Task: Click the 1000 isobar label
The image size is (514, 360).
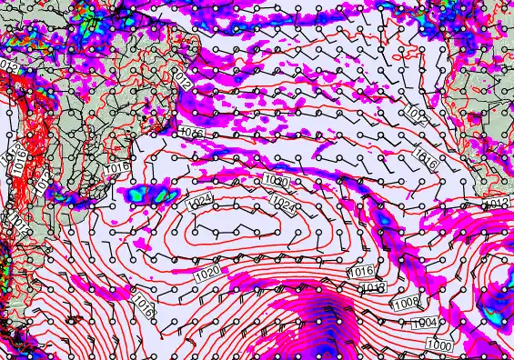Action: click(x=439, y=345)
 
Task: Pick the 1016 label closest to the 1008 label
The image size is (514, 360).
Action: click(x=361, y=272)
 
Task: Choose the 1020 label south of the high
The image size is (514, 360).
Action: click(x=207, y=273)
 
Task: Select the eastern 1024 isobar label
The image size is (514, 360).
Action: click(x=282, y=205)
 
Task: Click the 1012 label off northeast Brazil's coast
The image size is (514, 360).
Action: click(x=185, y=83)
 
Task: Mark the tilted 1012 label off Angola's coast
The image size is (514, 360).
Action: click(x=414, y=115)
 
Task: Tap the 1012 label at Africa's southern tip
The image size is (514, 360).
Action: click(x=497, y=203)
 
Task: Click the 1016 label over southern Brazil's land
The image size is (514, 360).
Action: click(x=115, y=169)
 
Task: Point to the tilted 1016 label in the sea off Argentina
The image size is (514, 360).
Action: click(x=142, y=305)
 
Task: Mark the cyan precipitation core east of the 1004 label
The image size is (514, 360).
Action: click(x=494, y=315)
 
